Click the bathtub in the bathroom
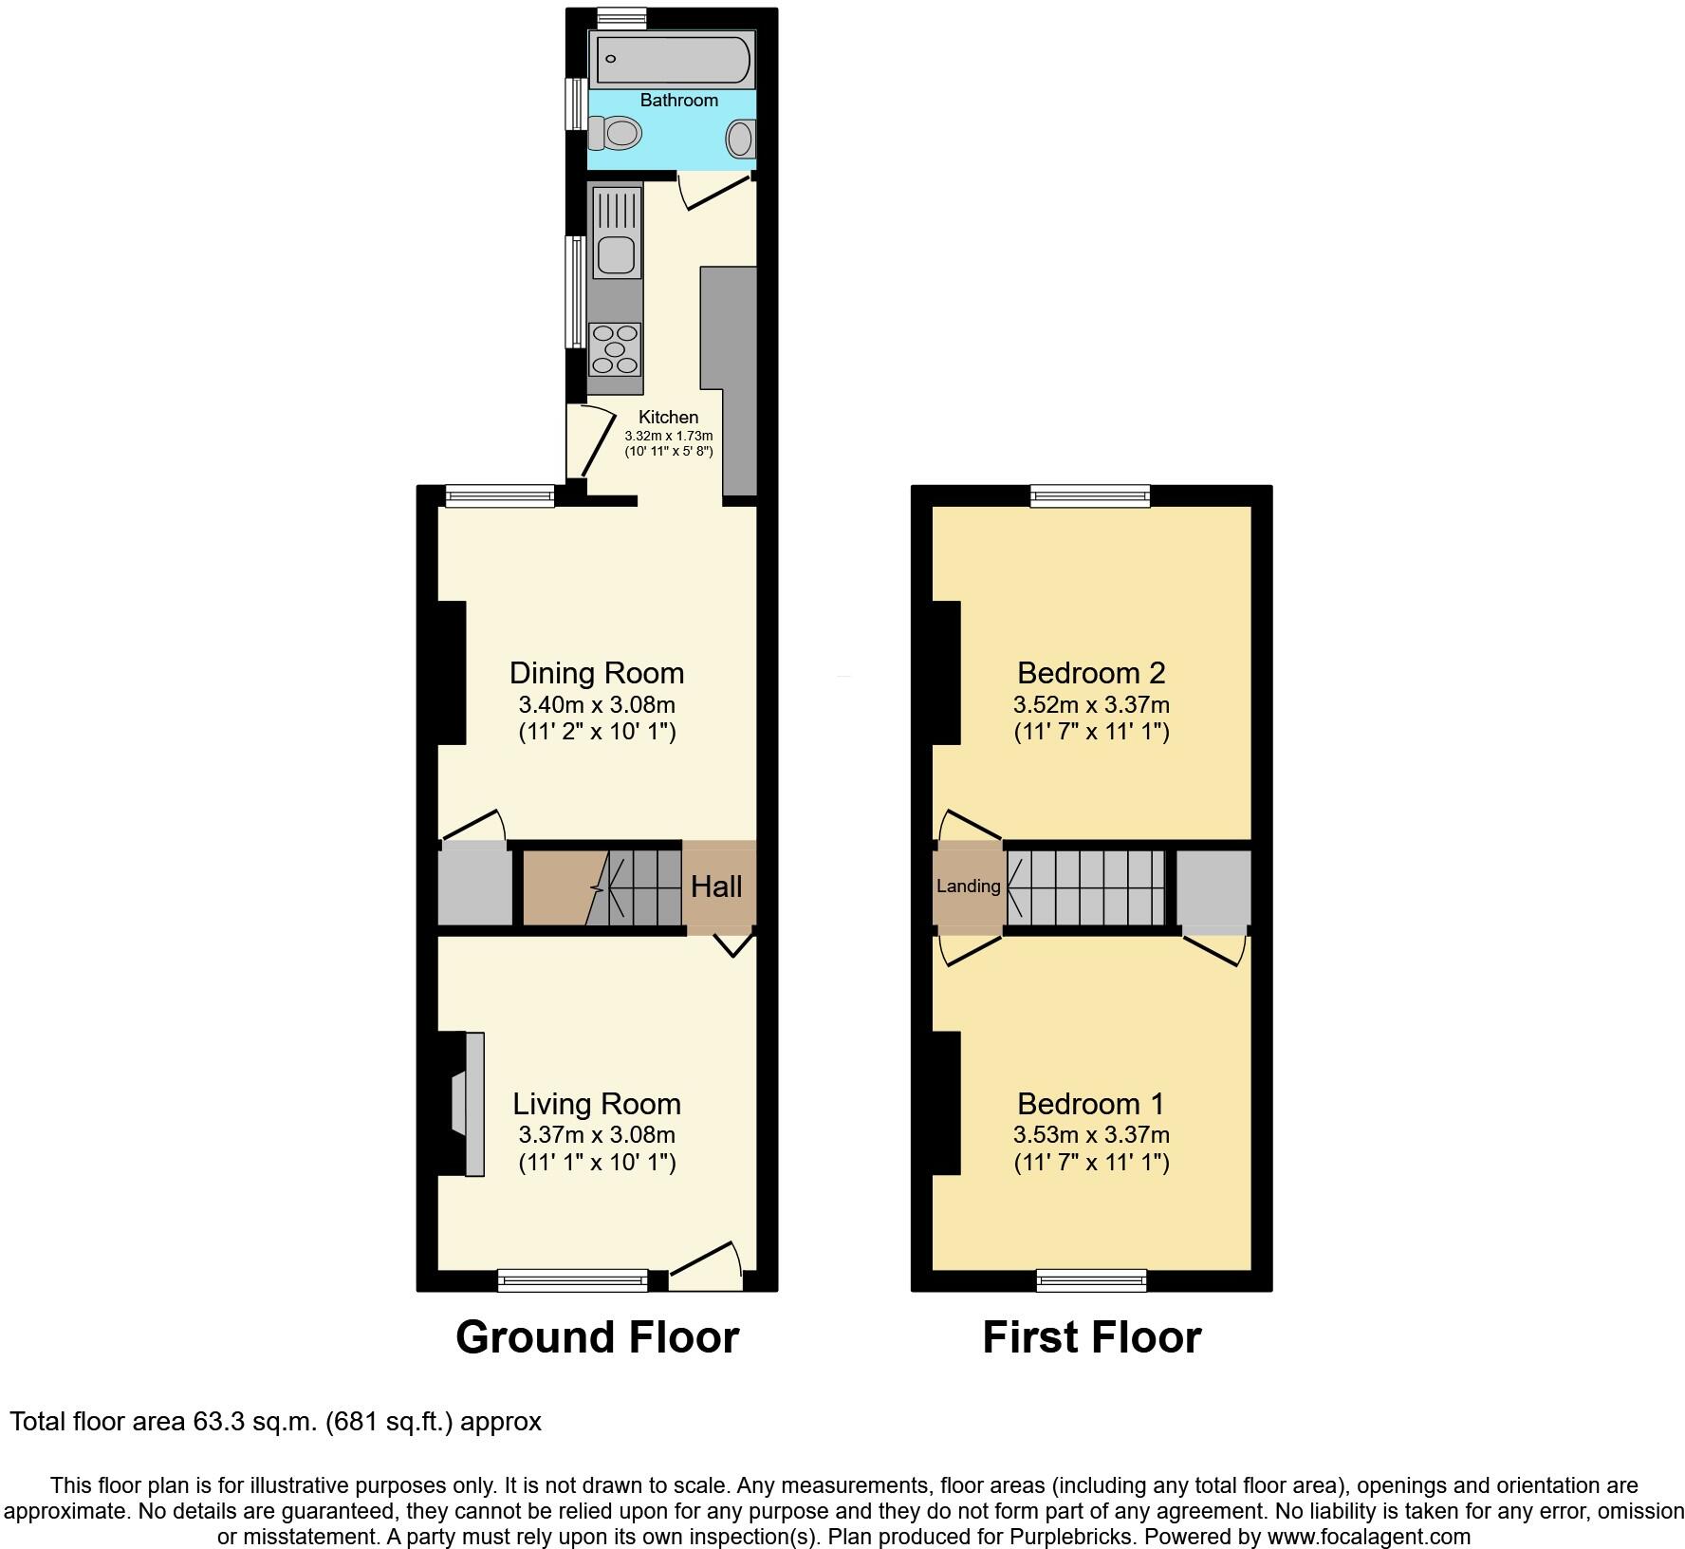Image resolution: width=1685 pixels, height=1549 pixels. click(671, 60)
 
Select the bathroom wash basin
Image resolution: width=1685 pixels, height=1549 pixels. click(740, 140)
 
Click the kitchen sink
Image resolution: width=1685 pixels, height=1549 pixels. click(616, 254)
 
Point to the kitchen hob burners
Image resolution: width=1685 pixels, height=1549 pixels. click(615, 349)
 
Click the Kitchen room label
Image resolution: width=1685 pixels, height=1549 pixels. click(668, 417)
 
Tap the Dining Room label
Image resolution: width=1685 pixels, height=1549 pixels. click(597, 673)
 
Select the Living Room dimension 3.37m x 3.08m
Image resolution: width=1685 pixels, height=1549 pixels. click(597, 1134)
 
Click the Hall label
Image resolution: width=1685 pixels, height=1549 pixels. click(716, 886)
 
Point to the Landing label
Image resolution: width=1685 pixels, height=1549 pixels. click(968, 886)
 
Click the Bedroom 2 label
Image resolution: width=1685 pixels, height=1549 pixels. click(1091, 673)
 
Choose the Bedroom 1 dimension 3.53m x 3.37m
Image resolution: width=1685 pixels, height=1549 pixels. click(1091, 1134)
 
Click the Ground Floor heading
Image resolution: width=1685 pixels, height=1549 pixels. click(597, 1337)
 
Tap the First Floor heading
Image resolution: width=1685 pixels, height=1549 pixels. click(1091, 1337)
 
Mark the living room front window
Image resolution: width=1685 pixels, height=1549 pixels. click(573, 1281)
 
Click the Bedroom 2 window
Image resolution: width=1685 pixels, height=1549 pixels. click(1090, 495)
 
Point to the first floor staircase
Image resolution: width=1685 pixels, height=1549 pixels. click(1085, 887)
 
